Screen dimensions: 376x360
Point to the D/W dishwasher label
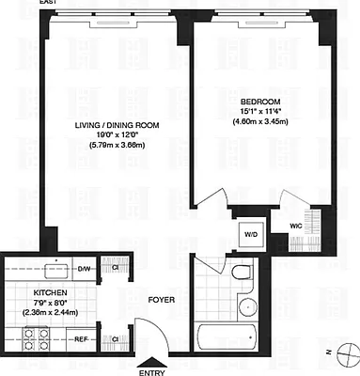[84, 270]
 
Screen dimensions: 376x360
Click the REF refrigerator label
[82, 338]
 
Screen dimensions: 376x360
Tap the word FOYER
[164, 300]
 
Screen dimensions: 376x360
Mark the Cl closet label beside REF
[114, 338]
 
